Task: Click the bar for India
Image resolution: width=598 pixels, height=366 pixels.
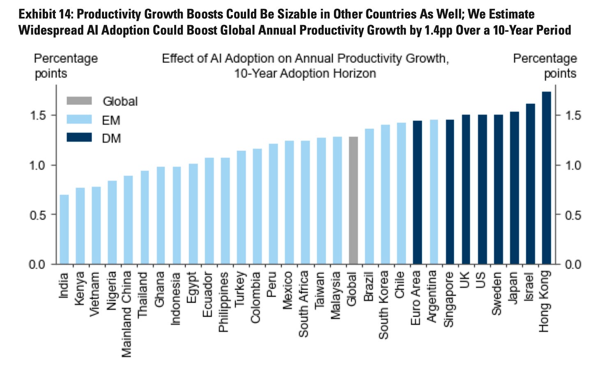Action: tap(64, 229)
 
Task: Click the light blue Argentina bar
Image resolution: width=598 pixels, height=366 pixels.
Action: tap(434, 192)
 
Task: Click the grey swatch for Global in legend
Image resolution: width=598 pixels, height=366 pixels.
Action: tap(79, 101)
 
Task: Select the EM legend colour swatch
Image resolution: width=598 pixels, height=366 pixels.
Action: tap(79, 120)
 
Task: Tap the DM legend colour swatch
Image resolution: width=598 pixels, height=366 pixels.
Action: tap(79, 138)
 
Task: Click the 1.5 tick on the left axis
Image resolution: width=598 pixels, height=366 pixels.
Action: tap(38, 115)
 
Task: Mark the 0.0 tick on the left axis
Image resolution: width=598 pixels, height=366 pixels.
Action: tap(38, 264)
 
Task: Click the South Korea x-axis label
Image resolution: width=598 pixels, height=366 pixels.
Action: tap(384, 304)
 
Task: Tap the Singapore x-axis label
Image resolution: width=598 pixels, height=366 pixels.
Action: tap(449, 299)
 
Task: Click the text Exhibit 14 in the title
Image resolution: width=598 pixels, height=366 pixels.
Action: tap(45, 15)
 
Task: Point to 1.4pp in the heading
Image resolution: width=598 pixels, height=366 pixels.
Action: tap(423, 30)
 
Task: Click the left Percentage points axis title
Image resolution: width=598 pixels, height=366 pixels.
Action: tap(66, 66)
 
